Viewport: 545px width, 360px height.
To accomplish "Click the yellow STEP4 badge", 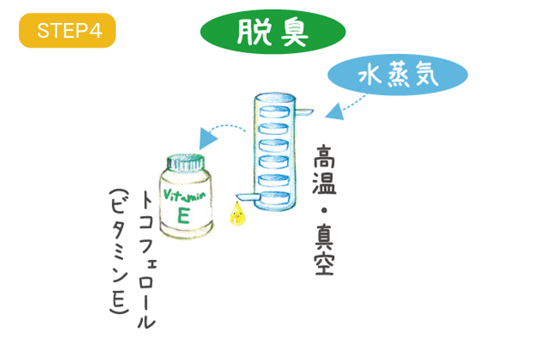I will tap(67, 32).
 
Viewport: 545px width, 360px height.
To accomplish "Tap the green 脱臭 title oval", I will tap(272, 32).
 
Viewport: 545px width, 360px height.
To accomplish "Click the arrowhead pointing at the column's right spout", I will tap(332, 114).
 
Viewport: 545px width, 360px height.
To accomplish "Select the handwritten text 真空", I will tap(325, 251).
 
